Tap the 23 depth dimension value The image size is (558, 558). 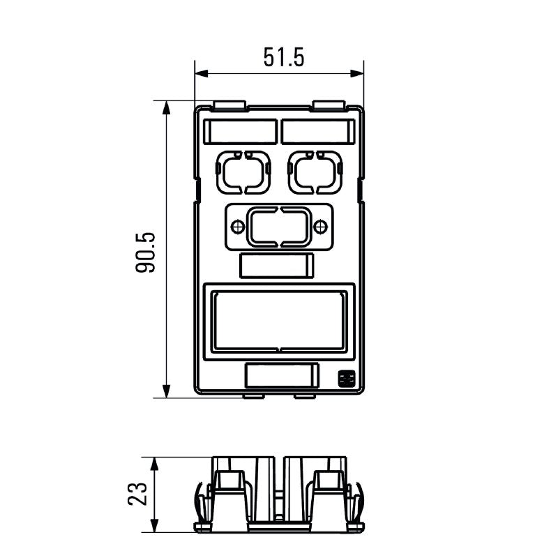pyautogui.click(x=138, y=493)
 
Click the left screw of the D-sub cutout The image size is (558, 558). pyautogui.click(x=237, y=227)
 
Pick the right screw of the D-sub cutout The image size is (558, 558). pyautogui.click(x=320, y=227)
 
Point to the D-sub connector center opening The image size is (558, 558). pyautogui.click(x=279, y=227)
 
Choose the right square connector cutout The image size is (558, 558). pyautogui.click(x=315, y=172)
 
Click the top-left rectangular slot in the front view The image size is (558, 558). pyautogui.click(x=240, y=131)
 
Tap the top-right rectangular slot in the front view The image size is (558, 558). pyautogui.click(x=318, y=131)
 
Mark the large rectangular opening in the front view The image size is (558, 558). pyautogui.click(x=279, y=322)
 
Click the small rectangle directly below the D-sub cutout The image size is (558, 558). pyautogui.click(x=277, y=266)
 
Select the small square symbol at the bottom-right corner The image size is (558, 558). pyautogui.click(x=345, y=379)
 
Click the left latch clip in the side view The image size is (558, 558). pyautogui.click(x=199, y=502)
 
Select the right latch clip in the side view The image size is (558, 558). pyautogui.click(x=358, y=502)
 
